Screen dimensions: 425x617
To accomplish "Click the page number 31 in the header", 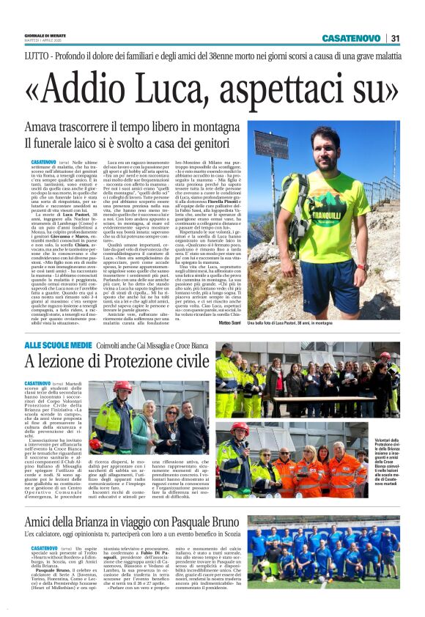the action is click(396, 39).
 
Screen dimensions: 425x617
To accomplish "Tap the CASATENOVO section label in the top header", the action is click(352, 39).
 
